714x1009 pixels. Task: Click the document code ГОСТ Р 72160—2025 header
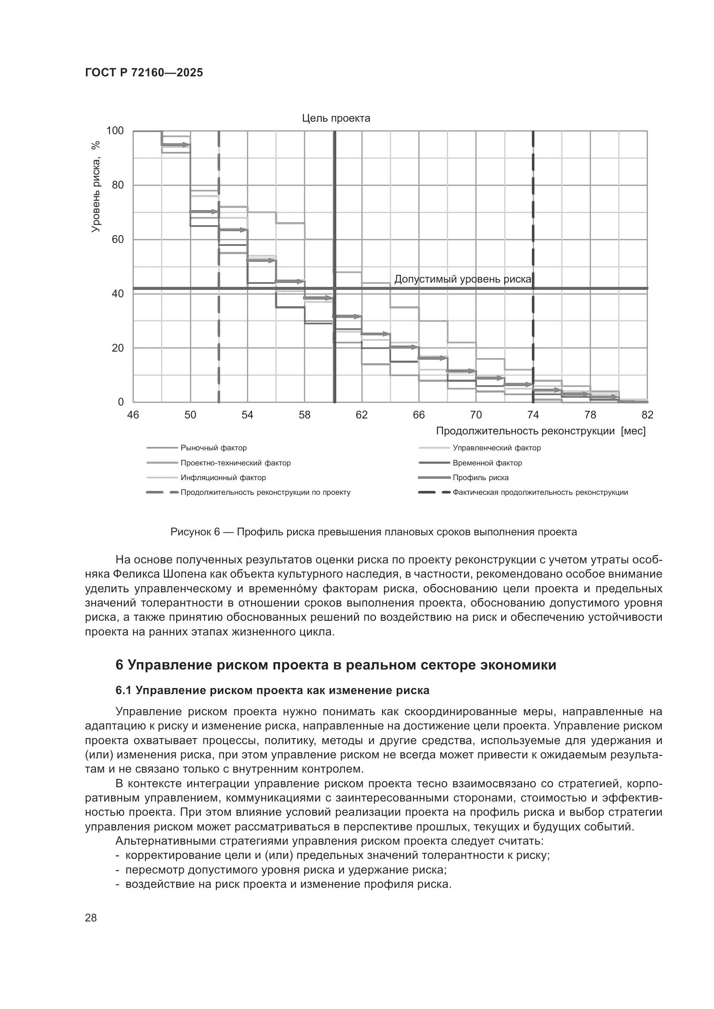click(144, 73)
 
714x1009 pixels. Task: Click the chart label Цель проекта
click(336, 118)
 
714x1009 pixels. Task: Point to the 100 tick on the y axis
click(115, 131)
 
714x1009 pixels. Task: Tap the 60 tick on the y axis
click(118, 239)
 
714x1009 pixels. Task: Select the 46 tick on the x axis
click(133, 415)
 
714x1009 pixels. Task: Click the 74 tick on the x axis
click(533, 415)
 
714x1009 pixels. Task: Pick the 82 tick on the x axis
click(647, 415)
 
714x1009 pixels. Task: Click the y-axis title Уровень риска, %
click(96, 186)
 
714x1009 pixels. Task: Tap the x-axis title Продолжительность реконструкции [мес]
click(541, 431)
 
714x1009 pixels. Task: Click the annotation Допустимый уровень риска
click(462, 280)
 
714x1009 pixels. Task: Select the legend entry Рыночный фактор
click(214, 448)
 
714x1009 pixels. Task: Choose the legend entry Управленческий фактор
click(496, 448)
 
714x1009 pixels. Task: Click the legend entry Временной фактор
click(487, 463)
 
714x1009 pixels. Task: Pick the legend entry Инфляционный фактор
click(223, 478)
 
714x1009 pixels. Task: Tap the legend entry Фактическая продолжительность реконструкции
click(540, 493)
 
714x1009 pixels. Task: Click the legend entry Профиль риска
click(480, 478)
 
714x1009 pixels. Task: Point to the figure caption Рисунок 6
click(373, 532)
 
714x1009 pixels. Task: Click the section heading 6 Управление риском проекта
click(335, 665)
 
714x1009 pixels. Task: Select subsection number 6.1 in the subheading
click(123, 691)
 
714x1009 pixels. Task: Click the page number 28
click(91, 918)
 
